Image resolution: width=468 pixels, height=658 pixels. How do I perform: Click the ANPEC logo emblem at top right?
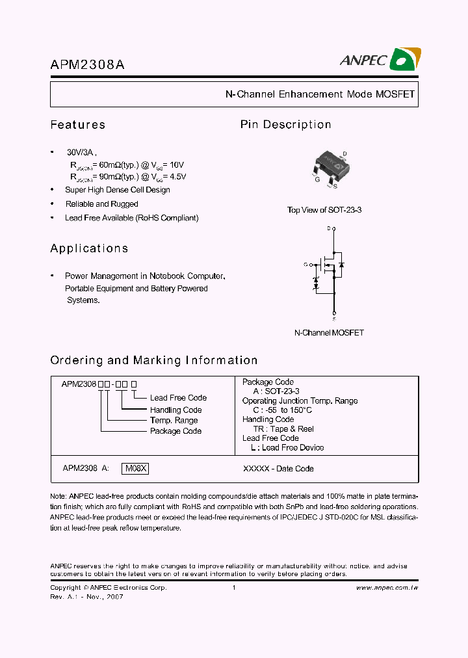coord(406,59)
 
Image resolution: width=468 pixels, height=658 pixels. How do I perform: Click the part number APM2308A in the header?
coord(87,64)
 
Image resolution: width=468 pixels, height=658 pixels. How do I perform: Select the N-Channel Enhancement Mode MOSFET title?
coord(320,94)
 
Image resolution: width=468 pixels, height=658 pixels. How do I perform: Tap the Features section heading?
coord(77,125)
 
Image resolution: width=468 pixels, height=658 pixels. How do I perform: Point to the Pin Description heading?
coord(285,125)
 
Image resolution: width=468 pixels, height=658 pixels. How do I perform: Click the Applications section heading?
coord(89,248)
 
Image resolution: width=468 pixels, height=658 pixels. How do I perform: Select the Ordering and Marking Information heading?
coord(153,360)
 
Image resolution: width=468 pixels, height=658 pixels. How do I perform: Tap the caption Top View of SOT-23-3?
coord(324,210)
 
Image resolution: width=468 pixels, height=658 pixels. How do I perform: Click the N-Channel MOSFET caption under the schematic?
coord(329,332)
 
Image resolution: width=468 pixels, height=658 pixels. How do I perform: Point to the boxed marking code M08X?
coord(136,468)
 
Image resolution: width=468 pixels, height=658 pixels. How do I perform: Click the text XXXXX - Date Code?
coord(278,468)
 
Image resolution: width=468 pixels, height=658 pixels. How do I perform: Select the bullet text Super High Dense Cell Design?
coord(118,190)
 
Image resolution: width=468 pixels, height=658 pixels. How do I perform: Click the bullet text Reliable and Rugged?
coord(101,204)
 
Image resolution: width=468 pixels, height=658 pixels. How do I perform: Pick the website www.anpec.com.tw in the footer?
coord(387,588)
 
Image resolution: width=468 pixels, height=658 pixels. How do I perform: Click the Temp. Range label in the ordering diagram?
coord(174,421)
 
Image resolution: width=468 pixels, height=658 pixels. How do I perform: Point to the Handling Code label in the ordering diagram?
coord(175,410)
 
